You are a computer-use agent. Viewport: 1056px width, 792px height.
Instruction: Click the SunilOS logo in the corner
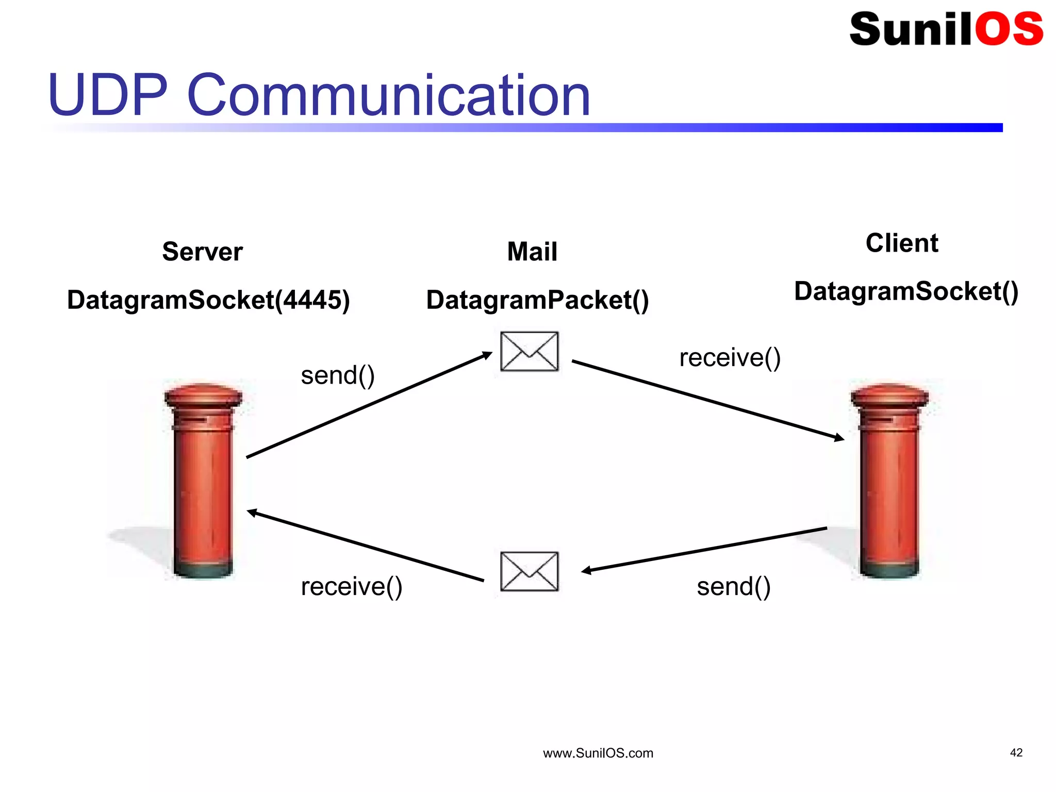946,29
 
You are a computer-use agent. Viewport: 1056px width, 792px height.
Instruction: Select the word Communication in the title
388,95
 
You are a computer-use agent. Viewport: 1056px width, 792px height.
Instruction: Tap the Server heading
202,252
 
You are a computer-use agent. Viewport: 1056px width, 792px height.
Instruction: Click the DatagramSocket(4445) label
208,300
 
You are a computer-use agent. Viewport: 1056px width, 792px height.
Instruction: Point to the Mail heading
532,252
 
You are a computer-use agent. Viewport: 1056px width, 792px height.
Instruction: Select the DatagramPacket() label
537,300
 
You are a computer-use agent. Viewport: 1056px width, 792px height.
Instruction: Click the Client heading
902,243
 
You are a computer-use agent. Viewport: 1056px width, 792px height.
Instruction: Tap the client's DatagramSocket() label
906,291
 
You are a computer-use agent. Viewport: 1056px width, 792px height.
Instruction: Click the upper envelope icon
530,352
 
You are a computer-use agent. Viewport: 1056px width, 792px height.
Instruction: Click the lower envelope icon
530,571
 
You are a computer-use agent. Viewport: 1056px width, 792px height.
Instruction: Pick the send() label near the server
338,375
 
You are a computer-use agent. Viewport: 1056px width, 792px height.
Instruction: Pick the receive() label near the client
730,358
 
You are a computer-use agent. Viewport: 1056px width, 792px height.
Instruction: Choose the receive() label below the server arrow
351,587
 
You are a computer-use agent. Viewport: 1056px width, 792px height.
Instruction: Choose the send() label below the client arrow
733,587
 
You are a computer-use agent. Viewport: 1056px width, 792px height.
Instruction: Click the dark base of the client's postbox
889,570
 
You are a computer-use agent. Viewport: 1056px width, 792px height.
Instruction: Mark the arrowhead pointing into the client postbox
839,438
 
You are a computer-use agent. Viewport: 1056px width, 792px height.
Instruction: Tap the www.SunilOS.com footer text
598,753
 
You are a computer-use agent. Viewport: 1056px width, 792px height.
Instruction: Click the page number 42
1016,753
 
